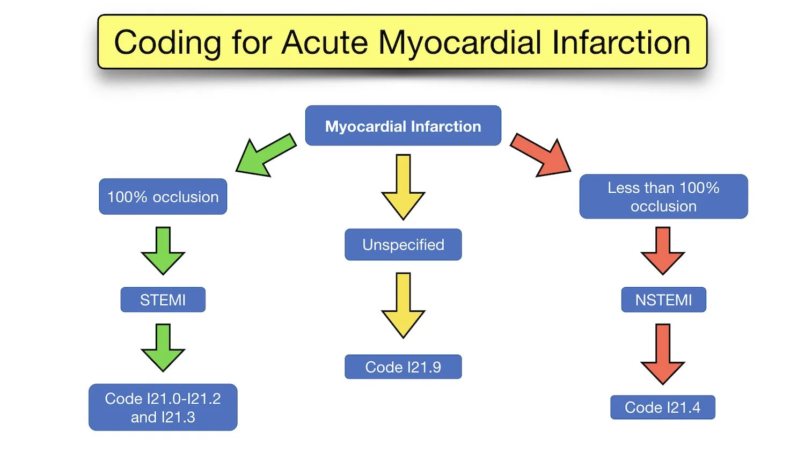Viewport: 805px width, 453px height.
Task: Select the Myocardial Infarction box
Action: (x=402, y=126)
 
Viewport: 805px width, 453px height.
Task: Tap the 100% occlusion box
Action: (x=163, y=197)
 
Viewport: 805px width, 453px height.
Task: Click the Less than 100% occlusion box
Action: (x=663, y=196)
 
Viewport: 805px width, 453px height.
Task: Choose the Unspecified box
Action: (x=402, y=245)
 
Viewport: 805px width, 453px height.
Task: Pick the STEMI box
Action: (x=163, y=299)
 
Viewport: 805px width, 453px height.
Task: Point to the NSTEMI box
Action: (x=663, y=299)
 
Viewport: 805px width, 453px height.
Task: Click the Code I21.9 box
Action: (x=402, y=367)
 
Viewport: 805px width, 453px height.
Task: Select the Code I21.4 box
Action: (x=662, y=407)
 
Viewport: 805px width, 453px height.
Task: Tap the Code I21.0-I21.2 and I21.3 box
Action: (x=163, y=407)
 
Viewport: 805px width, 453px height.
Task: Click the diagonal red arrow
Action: (x=541, y=156)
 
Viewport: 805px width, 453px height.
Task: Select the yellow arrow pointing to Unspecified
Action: (x=403, y=188)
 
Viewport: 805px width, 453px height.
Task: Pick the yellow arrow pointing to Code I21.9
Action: (x=403, y=306)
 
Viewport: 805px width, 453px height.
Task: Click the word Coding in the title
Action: (x=167, y=43)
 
